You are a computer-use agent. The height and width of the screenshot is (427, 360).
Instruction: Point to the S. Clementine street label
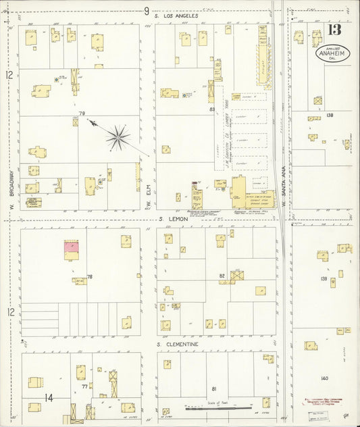(x=178, y=344)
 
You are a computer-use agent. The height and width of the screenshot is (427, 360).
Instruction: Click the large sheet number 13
(x=334, y=30)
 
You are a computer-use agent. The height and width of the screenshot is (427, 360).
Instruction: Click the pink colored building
(x=71, y=248)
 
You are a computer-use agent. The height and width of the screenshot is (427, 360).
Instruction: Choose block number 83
(x=211, y=109)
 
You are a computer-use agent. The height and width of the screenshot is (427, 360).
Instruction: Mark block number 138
(x=330, y=116)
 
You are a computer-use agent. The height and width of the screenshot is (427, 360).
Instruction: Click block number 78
(x=88, y=277)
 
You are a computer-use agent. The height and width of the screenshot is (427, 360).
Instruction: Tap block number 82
(x=221, y=276)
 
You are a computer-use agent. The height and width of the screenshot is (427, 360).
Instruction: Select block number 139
(x=324, y=278)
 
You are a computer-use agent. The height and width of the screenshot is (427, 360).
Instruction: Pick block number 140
(x=324, y=378)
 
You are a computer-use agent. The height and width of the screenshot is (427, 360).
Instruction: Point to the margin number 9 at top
(x=145, y=10)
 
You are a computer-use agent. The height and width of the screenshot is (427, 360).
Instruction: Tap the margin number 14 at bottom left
(x=49, y=397)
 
